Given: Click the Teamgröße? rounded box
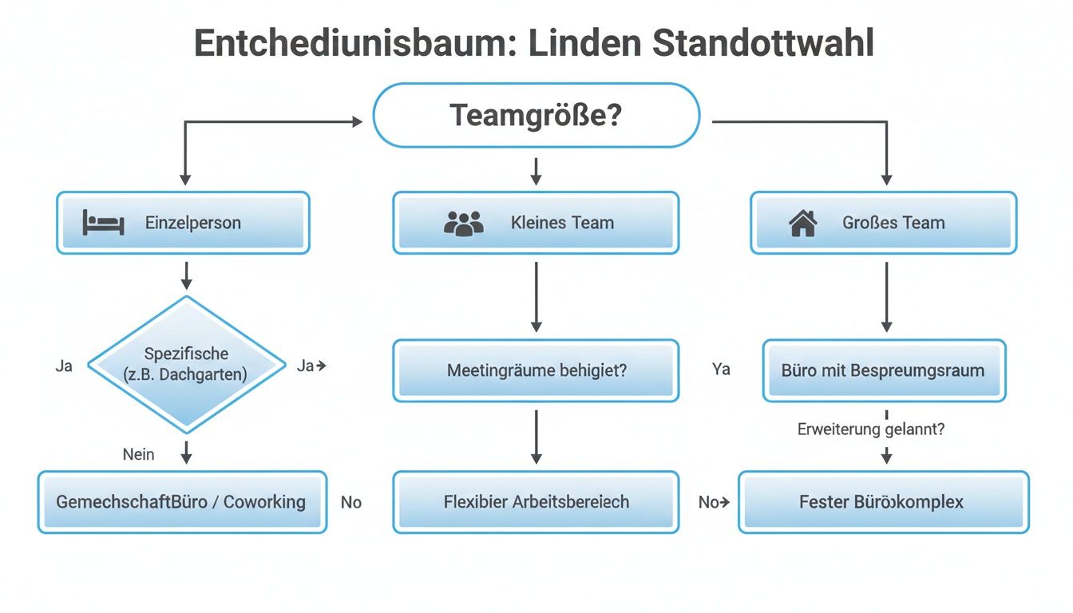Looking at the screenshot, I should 536,116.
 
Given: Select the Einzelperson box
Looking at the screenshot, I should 183,223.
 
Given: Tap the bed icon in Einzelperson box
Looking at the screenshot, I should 103,223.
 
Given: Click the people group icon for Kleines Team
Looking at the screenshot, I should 463,223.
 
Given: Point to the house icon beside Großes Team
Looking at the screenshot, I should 802,223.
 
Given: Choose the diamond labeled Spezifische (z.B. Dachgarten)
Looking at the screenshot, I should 186,364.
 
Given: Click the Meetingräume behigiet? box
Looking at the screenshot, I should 536,370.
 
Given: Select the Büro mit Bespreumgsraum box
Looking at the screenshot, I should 884,370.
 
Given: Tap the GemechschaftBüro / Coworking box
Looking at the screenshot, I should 182,502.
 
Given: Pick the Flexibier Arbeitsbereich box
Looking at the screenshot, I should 536,502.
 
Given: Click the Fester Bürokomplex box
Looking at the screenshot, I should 883,502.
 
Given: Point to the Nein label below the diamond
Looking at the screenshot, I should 138,454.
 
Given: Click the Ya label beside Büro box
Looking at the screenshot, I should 720,370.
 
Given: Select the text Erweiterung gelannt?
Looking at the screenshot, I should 871,429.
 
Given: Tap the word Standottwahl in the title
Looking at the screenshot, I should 763,43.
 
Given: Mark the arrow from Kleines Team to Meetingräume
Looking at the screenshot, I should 536,296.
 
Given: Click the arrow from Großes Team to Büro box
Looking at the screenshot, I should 886,296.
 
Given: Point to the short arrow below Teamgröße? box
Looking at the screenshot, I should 536,170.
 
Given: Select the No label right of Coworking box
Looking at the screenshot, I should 351,502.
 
